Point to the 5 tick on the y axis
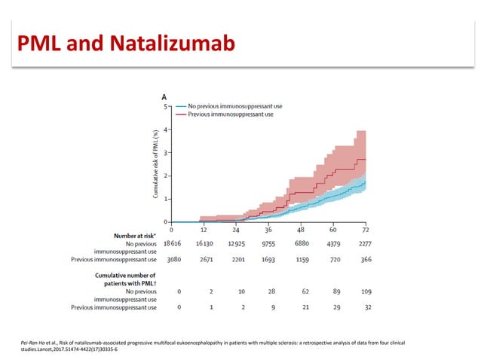167,107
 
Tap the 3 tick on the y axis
167,153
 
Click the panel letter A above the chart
164,97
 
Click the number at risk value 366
366,258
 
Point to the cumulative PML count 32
366,308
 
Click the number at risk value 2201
237,258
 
